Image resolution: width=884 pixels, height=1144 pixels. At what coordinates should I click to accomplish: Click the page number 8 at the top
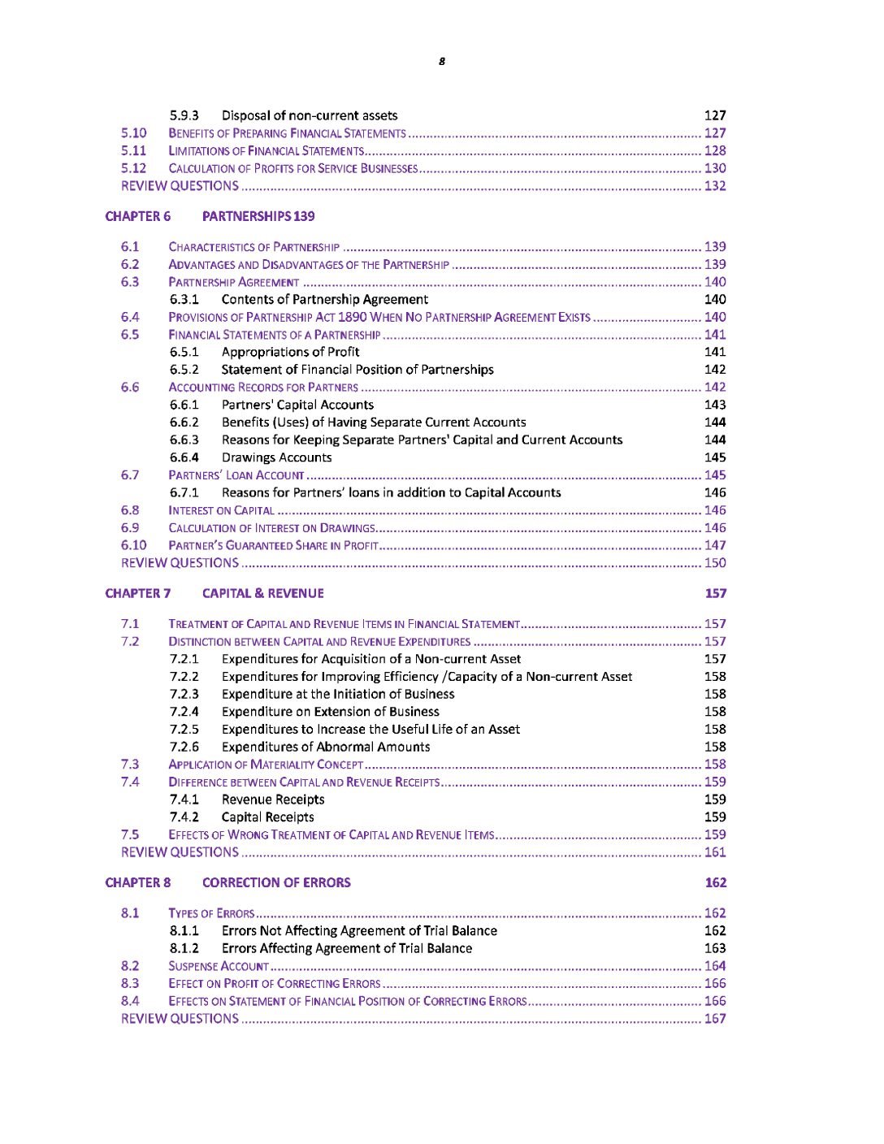point(442,62)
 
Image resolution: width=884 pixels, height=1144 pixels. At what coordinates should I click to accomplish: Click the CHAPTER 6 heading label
point(138,216)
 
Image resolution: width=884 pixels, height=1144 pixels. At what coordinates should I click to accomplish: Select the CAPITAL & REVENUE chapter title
point(262,593)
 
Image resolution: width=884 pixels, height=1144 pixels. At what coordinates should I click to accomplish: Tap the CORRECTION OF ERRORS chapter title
point(276,882)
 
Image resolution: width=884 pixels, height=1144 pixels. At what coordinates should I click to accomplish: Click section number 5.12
point(133,168)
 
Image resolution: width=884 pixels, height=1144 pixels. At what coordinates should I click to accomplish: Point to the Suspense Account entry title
point(219,966)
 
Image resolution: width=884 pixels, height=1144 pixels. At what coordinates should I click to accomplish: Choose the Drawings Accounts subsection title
point(276,457)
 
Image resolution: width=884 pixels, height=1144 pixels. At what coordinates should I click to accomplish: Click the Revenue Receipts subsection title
point(273,799)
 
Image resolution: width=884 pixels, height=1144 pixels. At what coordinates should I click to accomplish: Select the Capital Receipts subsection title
point(267,817)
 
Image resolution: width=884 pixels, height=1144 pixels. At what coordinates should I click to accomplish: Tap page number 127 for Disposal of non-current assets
point(715,115)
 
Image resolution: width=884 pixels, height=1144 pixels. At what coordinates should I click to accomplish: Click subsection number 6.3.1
point(184,299)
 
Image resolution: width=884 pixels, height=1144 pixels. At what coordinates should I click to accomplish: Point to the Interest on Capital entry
point(221,510)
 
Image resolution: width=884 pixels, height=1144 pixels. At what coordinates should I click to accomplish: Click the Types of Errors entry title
point(211,913)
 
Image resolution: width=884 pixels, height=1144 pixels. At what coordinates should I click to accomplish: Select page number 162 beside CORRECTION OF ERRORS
point(716,882)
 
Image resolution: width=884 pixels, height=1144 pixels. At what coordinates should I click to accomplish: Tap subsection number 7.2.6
point(184,747)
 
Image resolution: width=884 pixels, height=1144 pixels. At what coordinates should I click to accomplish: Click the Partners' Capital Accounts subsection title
point(297,405)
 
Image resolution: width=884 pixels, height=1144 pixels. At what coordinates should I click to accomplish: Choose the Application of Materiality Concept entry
point(266,765)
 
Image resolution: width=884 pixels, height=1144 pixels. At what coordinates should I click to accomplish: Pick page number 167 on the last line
point(715,1019)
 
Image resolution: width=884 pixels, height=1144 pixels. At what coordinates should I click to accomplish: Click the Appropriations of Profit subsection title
point(290,352)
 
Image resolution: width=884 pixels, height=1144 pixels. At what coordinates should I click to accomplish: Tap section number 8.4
point(130,1001)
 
